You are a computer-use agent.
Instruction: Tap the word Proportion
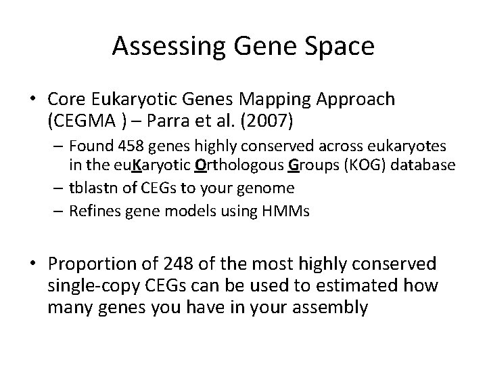click(93, 263)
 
